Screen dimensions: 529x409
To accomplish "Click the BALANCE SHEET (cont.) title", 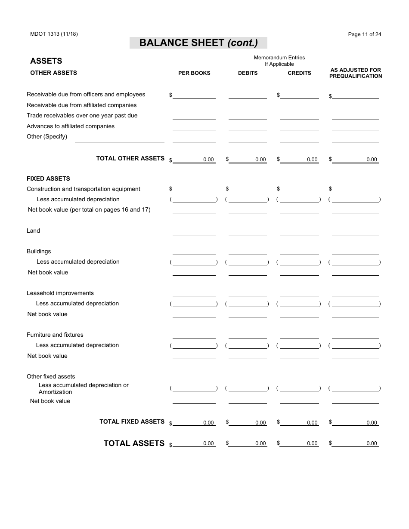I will (x=198, y=43).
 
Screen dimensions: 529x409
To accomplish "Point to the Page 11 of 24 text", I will (x=364, y=34).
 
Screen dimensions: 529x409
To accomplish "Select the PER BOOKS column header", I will (x=194, y=73).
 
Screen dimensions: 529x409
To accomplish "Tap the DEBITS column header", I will (x=248, y=73).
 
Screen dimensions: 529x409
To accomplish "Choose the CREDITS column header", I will (x=299, y=73).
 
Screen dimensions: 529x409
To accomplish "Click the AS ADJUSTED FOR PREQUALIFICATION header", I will (x=356, y=73).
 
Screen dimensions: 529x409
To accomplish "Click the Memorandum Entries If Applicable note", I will (x=279, y=61).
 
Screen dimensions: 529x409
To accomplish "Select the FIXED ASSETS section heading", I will (x=48, y=178).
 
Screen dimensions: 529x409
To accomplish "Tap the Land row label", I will (x=33, y=231).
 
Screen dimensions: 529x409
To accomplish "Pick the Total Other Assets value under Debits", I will (x=248, y=160).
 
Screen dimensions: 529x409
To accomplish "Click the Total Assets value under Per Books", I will (x=194, y=443).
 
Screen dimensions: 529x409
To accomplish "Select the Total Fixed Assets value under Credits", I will (x=300, y=423).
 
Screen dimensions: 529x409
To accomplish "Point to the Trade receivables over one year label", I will (x=82, y=116).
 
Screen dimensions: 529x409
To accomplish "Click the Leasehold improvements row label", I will (x=60, y=293).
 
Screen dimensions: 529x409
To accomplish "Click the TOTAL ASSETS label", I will (x=134, y=443).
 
